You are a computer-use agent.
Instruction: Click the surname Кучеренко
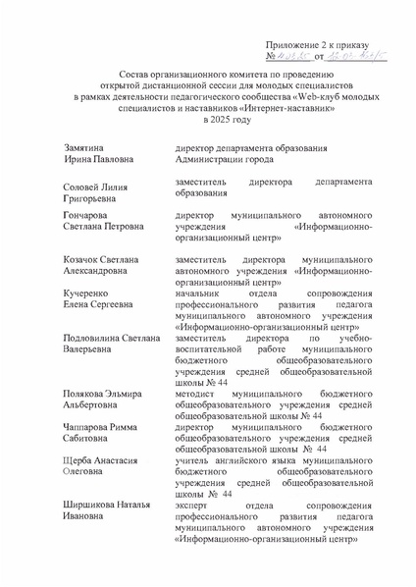click(82, 293)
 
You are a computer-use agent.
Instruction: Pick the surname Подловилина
click(92, 337)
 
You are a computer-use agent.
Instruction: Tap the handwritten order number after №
click(295, 60)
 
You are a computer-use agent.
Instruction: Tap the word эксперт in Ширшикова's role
click(189, 506)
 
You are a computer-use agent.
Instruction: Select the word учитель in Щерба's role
click(188, 459)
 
